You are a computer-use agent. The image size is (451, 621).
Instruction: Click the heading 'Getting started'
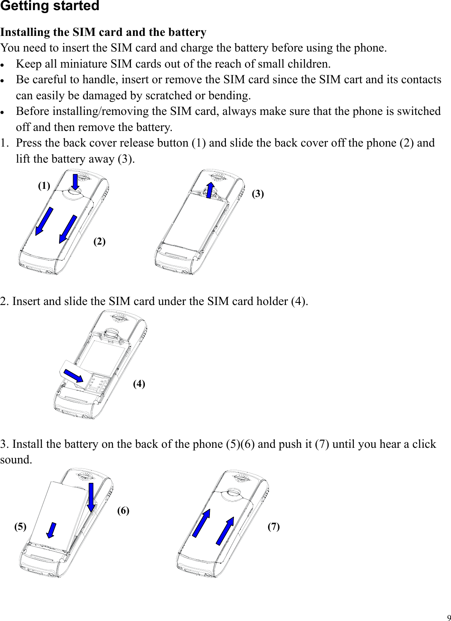[50, 6]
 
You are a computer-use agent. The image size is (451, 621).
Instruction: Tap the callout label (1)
[44, 185]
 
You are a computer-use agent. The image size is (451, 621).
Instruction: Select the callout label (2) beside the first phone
[99, 241]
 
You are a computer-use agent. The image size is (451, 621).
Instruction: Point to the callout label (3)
[258, 193]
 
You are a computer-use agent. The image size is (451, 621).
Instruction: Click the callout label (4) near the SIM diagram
[139, 384]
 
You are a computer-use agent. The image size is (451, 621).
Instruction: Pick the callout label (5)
[20, 526]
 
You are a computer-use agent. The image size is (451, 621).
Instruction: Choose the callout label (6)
[123, 510]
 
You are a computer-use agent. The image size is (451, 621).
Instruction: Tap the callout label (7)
[274, 526]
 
